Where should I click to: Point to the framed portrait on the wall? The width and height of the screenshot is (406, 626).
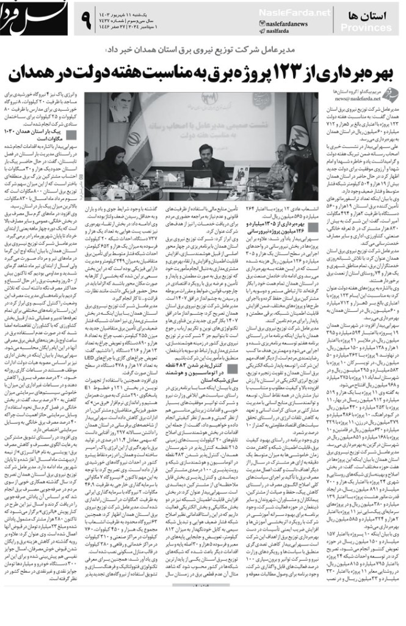120,106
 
